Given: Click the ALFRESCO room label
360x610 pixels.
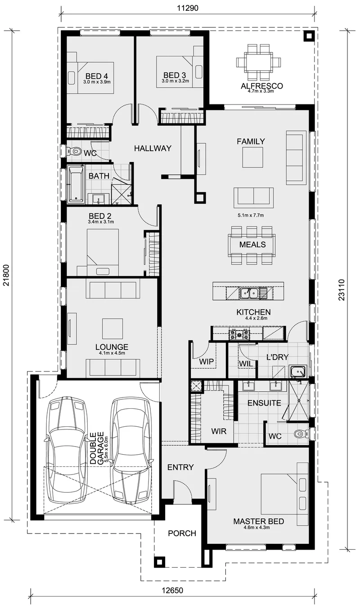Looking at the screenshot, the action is coord(261,86).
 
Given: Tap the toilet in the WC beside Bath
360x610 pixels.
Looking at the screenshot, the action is coord(74,151).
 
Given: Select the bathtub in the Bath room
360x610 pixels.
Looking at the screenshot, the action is coord(76,185).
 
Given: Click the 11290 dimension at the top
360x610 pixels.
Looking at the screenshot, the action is coord(188,8).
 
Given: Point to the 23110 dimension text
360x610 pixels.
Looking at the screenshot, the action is coord(342,290).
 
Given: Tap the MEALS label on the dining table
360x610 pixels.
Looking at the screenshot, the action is coord(252,244).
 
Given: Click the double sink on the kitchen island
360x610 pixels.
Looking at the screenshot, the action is coord(249,293).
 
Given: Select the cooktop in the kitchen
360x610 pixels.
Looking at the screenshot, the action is coord(239,334).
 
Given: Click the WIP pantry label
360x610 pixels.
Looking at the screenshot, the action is coord(206,361).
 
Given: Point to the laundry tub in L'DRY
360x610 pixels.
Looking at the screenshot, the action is coord(298,371).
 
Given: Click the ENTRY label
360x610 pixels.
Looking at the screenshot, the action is coord(180,467).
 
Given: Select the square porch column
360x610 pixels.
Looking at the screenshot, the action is coord(159,562).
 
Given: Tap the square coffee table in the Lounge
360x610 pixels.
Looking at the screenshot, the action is coord(112,328).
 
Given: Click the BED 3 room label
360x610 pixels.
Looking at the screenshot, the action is coord(175,75).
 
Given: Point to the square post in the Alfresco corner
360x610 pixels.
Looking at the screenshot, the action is coord(309,36).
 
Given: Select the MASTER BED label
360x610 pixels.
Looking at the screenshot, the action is coord(258,521).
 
